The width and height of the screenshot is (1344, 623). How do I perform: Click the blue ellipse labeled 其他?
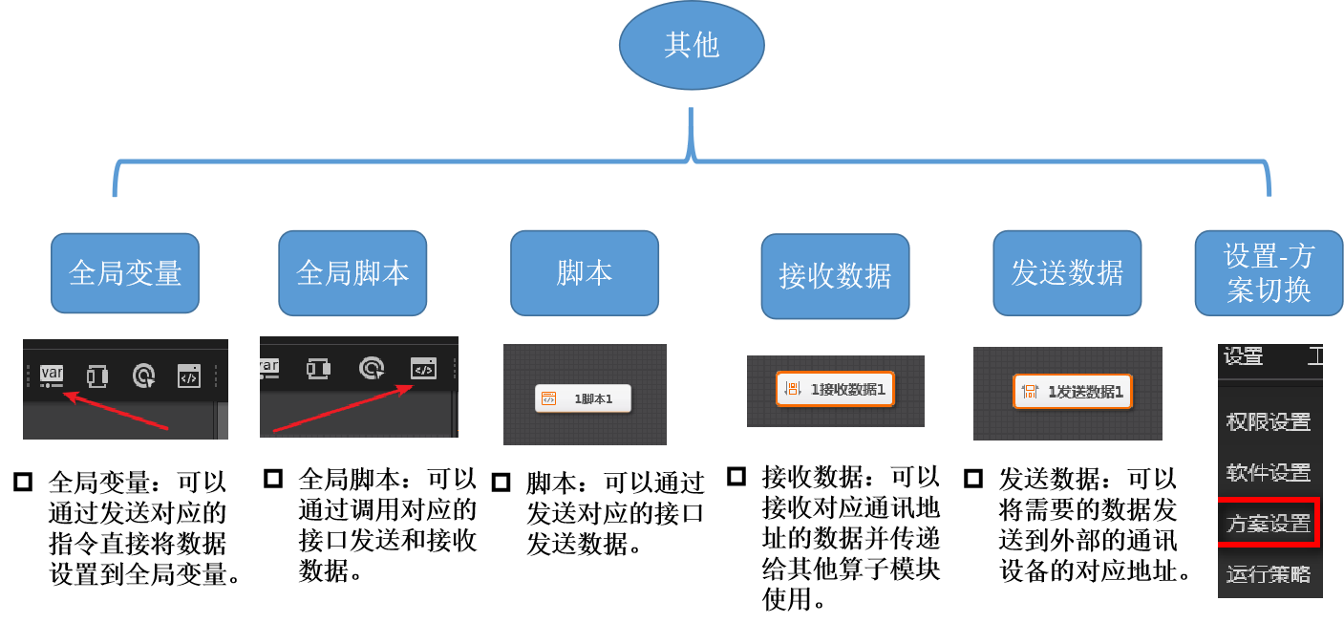[692, 46]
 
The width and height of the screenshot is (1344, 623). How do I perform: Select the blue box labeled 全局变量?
[125, 273]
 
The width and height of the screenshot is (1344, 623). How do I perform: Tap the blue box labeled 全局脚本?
[352, 273]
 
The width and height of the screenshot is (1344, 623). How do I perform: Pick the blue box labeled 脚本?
[585, 273]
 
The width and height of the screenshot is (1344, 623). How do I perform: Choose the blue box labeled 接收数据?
[835, 276]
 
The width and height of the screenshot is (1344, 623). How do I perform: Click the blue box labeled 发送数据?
[1067, 273]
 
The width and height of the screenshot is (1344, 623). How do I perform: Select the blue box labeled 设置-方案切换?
[1269, 273]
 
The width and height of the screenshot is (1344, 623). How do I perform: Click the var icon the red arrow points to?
[52, 375]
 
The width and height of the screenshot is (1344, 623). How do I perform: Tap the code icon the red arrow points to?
[423, 368]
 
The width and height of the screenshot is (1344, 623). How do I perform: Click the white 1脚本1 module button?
[584, 399]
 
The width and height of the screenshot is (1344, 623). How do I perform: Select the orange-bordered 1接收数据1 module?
[835, 389]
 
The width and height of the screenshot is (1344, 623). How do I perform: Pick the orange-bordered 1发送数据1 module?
[1073, 391]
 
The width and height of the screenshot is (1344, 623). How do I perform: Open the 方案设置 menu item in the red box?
[1268, 524]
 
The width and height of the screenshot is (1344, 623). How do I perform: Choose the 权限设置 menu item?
[1268, 421]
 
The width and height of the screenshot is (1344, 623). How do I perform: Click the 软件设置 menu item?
[1268, 472]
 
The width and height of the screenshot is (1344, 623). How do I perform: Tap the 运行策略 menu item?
[1268, 574]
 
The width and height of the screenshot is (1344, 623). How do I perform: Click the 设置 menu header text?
[1243, 357]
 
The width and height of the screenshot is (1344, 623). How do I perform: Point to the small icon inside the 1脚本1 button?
[548, 399]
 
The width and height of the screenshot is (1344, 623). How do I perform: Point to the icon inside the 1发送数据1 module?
[1030, 391]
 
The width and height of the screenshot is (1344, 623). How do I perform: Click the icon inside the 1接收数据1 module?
[792, 389]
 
